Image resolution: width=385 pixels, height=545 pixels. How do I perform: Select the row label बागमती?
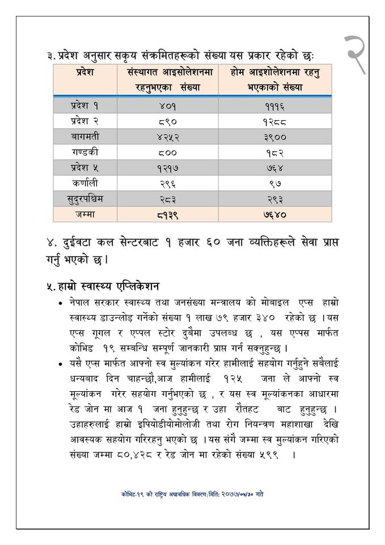click(84, 136)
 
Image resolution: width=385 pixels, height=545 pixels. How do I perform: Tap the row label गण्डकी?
click(84, 152)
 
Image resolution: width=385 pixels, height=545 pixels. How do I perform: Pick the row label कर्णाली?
click(84, 183)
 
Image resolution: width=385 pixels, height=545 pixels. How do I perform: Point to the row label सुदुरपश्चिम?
click(84, 199)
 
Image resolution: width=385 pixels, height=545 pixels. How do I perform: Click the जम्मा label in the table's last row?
click(84, 214)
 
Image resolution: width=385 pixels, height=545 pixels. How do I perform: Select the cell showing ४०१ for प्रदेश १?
click(166, 106)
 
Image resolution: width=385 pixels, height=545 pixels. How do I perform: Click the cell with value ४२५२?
click(166, 137)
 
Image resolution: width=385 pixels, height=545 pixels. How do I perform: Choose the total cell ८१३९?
click(166, 215)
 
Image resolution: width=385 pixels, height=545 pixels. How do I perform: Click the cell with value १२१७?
click(166, 168)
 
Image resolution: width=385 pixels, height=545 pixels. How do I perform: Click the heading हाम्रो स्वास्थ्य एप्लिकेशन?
click(104, 285)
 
